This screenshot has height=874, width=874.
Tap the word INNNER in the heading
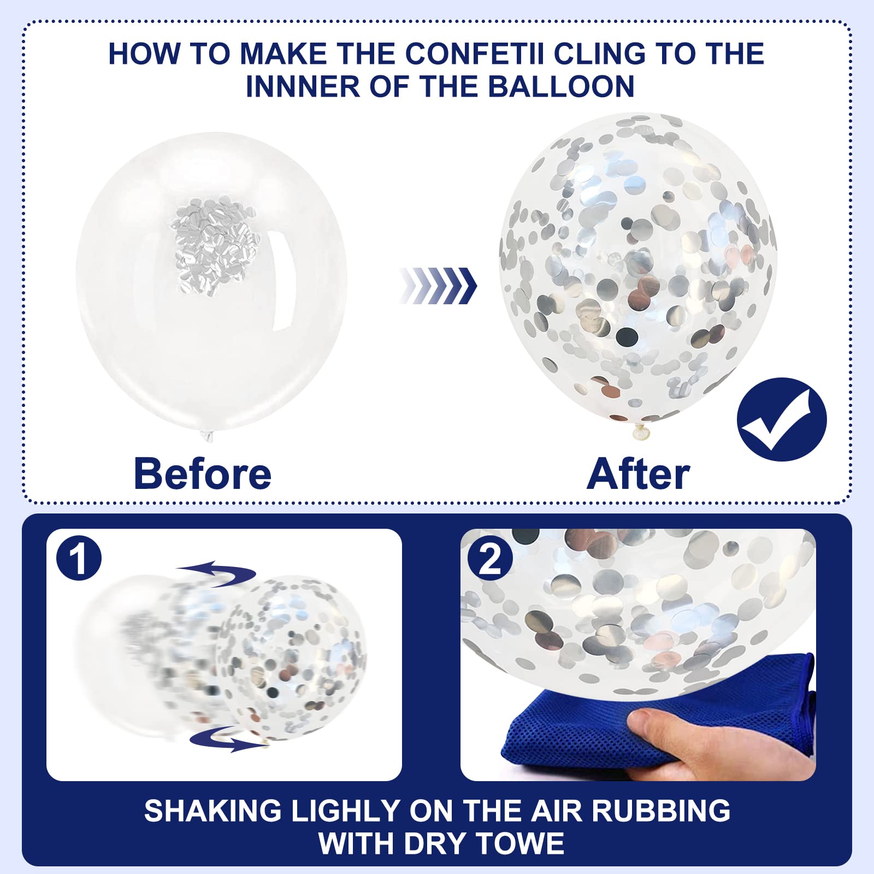[x=303, y=86]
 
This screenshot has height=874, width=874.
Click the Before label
[x=203, y=474]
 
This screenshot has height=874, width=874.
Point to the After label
[x=638, y=474]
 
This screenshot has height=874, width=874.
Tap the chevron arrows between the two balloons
[x=438, y=286]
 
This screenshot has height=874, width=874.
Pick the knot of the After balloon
[x=641, y=432]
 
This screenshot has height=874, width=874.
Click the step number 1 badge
[x=79, y=558]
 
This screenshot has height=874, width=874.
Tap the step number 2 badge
[x=490, y=558]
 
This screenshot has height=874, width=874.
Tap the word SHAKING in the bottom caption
[x=214, y=811]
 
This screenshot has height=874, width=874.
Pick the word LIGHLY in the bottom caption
[x=346, y=811]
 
